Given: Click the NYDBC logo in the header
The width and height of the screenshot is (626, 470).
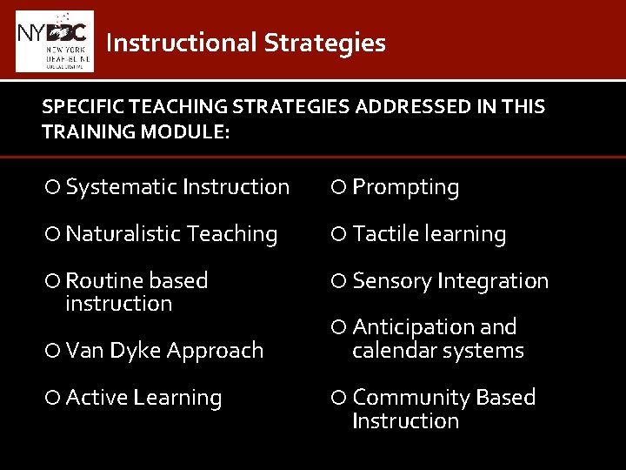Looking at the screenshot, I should pos(55,41).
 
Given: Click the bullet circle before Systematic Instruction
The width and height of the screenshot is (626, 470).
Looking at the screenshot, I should pos(54,187).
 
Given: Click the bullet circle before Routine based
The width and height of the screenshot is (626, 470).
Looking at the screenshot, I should pos(54,281).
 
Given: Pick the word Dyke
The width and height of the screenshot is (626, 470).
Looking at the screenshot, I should pos(135,351).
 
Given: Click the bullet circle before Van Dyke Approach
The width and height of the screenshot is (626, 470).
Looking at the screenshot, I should pos(54,351).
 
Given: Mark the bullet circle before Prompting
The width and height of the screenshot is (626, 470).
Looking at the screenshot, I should pos(340,187).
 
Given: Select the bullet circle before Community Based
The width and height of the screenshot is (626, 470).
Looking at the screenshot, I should pos(340,398).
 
